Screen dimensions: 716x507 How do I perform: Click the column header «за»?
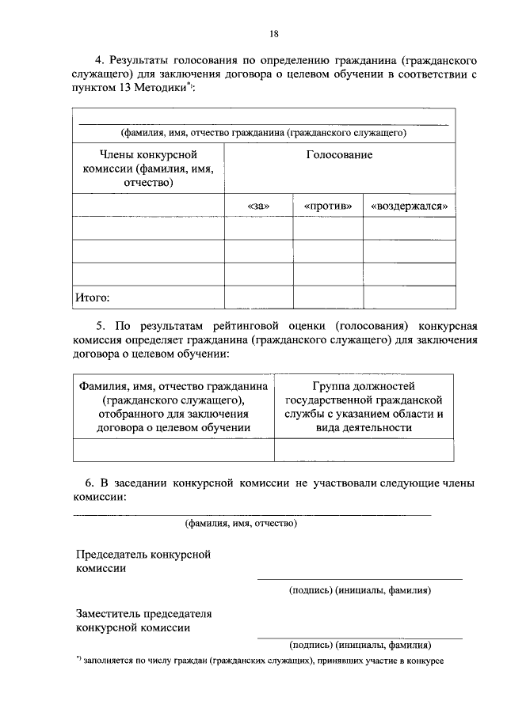[x=258, y=206]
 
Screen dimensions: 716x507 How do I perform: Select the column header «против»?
[x=327, y=206]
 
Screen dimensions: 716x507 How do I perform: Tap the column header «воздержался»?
[x=410, y=206]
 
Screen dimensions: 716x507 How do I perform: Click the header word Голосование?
[x=339, y=155]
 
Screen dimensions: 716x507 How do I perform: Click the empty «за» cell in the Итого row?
[x=258, y=297]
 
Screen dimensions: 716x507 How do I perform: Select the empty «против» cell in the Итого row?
[x=327, y=297]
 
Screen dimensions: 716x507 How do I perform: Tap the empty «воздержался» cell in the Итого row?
[x=410, y=297]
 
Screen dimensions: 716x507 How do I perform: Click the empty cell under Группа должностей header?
[x=364, y=449]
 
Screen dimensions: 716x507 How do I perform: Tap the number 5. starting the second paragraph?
[x=100, y=325]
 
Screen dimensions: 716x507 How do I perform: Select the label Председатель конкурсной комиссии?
[x=143, y=561]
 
